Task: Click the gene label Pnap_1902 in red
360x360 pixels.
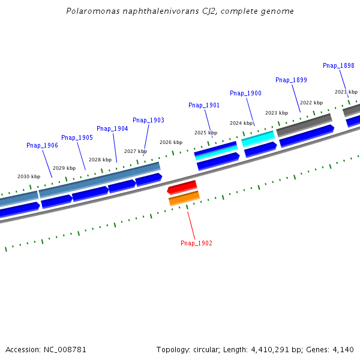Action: tap(196, 243)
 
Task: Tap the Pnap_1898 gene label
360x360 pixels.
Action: tap(338, 66)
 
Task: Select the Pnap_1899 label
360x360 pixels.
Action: tap(291, 80)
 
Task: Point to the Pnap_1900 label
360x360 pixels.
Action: tap(245, 93)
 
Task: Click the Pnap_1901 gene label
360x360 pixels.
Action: tap(204, 105)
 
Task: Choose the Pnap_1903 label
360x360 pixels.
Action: tap(148, 120)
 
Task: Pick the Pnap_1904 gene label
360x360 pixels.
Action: tap(112, 128)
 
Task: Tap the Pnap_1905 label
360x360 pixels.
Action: tap(77, 137)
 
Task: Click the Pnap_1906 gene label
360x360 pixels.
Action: tap(42, 145)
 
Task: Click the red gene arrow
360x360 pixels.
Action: tap(182, 187)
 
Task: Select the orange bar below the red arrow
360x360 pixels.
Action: tap(184, 197)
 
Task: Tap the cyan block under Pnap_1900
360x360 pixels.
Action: tap(258, 139)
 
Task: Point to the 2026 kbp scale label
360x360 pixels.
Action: tap(171, 142)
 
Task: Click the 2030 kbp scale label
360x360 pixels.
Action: tap(29, 176)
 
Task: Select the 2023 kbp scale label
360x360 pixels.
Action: tap(276, 113)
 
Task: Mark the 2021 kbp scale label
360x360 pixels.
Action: tap(346, 92)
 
